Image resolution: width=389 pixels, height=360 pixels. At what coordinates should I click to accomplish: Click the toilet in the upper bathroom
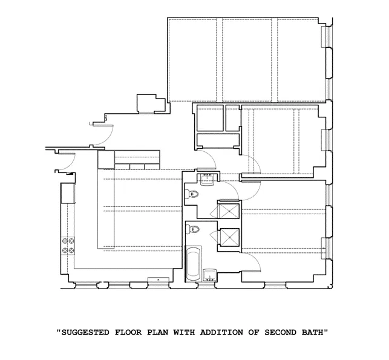[193, 194]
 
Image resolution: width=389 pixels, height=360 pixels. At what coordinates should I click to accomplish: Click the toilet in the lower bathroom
[193, 229]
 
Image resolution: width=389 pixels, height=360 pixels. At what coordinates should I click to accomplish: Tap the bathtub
[194, 264]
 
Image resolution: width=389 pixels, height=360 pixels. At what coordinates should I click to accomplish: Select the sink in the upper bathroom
[207, 177]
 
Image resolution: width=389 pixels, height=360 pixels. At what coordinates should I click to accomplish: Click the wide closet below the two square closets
[217, 142]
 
